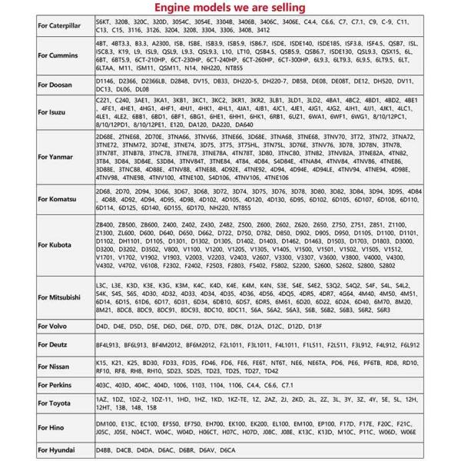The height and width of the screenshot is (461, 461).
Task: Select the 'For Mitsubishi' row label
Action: point(62,296)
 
